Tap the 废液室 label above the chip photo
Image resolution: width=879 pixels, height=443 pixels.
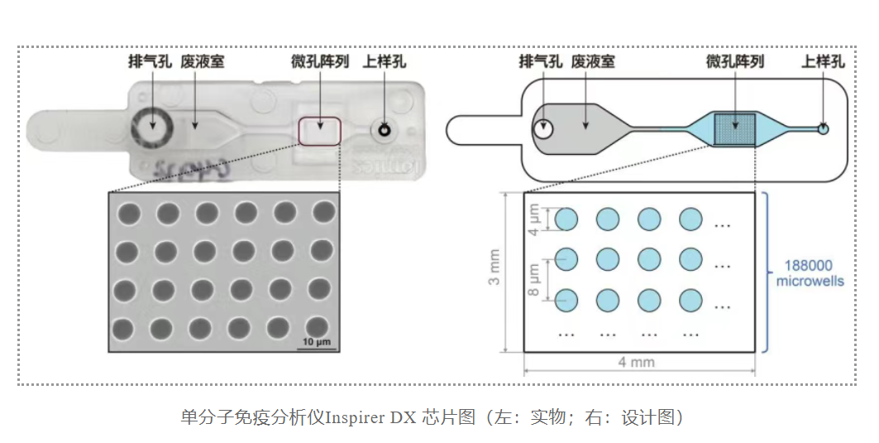[x=202, y=61]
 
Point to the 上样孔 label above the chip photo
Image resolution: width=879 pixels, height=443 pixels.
[x=384, y=61]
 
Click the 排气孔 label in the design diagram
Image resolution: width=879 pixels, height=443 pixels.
[x=541, y=61]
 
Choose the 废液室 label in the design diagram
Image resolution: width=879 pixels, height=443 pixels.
[x=593, y=61]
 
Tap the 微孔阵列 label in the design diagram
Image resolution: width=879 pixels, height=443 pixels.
[x=734, y=61]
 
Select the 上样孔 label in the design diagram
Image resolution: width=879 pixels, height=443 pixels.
[x=823, y=61]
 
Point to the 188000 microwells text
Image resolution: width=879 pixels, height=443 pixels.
[x=810, y=275]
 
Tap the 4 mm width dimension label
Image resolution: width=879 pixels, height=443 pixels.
[x=638, y=362]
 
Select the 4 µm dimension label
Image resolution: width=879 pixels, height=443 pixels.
[x=534, y=219]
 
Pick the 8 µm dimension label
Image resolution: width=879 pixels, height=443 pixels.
[x=534, y=280]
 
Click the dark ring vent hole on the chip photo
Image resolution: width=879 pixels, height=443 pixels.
[x=151, y=128]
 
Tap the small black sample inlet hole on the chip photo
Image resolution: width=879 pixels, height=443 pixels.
[x=384, y=129]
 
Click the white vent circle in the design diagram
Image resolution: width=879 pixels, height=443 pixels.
[x=543, y=129]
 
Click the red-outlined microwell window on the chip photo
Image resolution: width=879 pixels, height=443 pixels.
[x=320, y=131]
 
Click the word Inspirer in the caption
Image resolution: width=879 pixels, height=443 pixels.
[x=351, y=417]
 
